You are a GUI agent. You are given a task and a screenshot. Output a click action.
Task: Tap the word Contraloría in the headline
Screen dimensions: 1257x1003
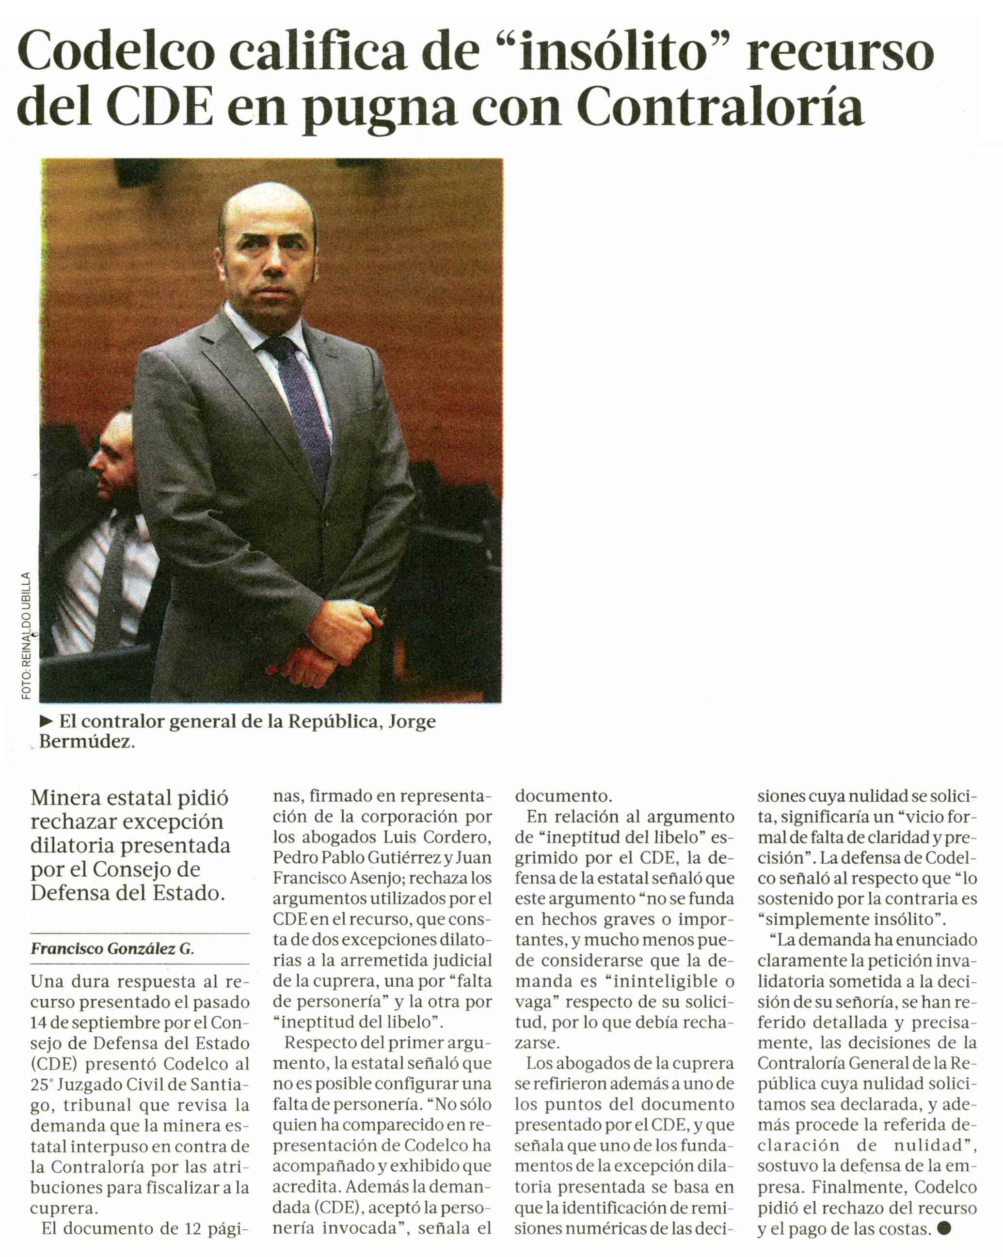720,108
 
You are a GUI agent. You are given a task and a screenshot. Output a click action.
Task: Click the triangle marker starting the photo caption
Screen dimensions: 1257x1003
46,722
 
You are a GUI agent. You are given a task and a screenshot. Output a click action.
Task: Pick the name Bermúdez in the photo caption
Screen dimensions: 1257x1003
86,742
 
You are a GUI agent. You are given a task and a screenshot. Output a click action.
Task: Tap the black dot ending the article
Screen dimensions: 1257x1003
943,1228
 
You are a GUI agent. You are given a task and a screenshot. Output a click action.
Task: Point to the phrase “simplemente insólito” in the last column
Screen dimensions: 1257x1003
851,919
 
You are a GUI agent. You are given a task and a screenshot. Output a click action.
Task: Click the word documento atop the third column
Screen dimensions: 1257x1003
562,796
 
